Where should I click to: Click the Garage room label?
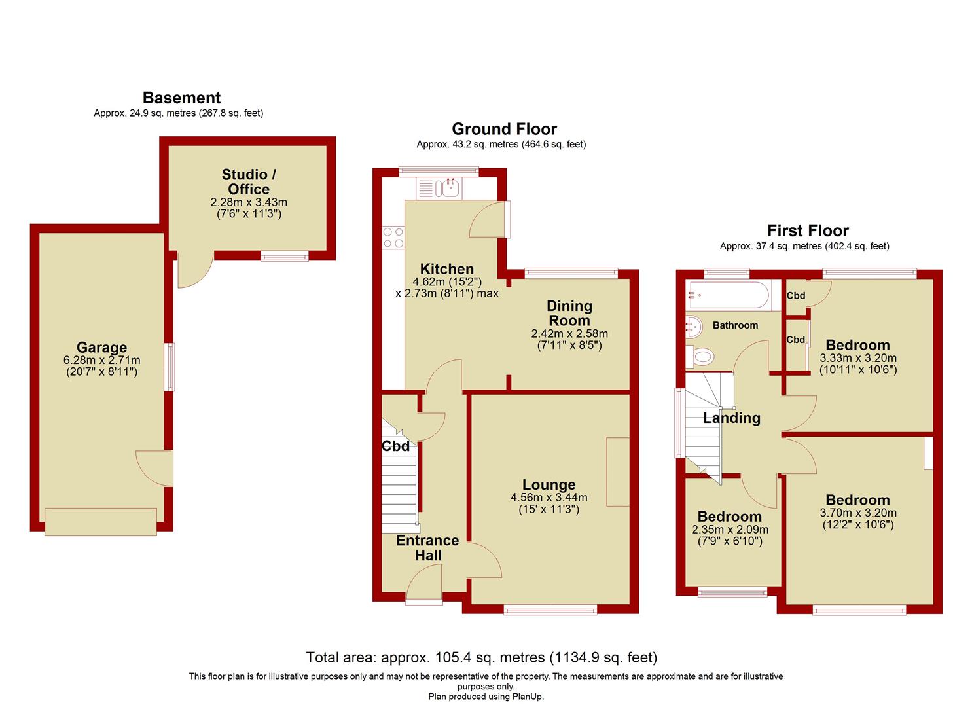(x=101, y=348)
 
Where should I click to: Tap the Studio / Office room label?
(x=248, y=181)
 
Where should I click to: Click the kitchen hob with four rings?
(x=393, y=237)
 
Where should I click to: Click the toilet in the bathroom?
(x=700, y=356)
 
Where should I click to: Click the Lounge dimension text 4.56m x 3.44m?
(x=549, y=498)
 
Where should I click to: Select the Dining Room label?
(x=569, y=313)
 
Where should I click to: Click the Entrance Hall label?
(x=427, y=548)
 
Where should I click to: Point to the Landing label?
(x=732, y=418)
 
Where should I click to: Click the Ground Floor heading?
(x=504, y=129)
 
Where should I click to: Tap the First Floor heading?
(x=808, y=230)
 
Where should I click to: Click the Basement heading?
(x=181, y=98)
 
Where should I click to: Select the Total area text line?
(x=481, y=657)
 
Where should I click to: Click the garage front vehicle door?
(x=101, y=521)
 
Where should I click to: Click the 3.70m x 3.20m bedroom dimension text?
(x=857, y=513)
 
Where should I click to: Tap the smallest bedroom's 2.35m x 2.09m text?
(x=730, y=530)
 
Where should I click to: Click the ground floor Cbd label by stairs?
(x=395, y=446)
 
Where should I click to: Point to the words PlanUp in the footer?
(x=528, y=697)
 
